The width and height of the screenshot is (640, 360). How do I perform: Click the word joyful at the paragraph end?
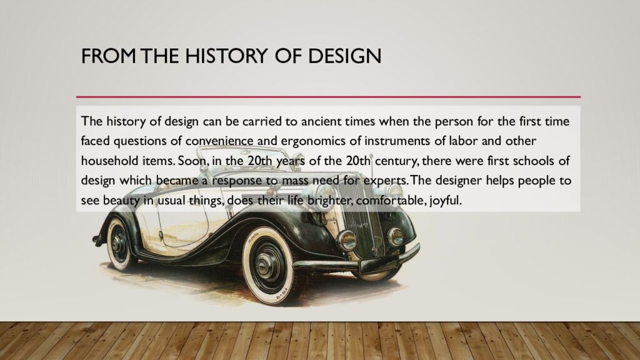click(x=446, y=201)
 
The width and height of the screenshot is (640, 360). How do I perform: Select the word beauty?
click(x=122, y=201)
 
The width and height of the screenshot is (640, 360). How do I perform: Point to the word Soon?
click(x=191, y=161)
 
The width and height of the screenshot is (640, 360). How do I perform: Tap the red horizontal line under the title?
click(x=328, y=97)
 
